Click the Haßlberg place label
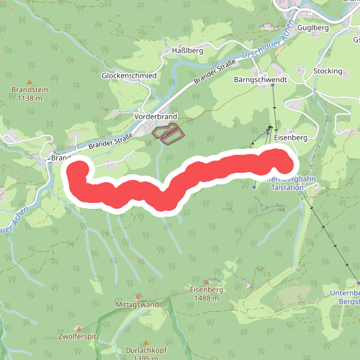coord(189,51)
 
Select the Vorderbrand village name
coord(156,116)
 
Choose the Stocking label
coord(328,71)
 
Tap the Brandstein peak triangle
coord(30,81)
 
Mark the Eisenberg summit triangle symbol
coord(207,282)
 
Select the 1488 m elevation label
coord(204,297)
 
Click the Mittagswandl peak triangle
coord(138,296)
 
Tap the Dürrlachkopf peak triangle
coord(147,343)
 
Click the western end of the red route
coord(78,171)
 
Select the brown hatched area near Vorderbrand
coord(168,134)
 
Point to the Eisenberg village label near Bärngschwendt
coord(291,136)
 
